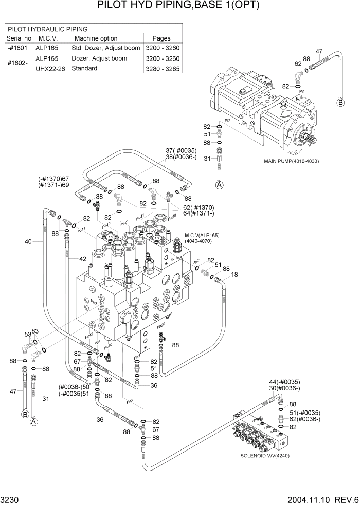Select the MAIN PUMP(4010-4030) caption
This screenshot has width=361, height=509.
click(x=292, y=161)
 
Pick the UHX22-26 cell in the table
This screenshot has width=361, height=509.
click(x=50, y=68)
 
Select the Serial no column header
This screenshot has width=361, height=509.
click(x=19, y=38)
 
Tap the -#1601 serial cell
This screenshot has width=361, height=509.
click(x=19, y=48)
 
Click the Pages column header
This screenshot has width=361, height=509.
click(x=161, y=38)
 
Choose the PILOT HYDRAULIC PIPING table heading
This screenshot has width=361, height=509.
click(x=47, y=29)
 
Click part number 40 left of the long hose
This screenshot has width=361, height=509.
click(x=28, y=241)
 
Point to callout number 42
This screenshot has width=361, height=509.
click(x=82, y=259)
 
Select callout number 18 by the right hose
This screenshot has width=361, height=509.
click(x=234, y=275)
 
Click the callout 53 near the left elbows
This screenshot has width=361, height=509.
click(x=27, y=334)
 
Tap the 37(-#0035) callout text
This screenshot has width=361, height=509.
click(x=180, y=150)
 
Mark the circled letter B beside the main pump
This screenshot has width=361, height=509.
click(x=340, y=103)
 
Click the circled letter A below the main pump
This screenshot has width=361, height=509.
click(x=220, y=185)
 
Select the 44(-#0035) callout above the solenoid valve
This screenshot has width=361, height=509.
click(x=284, y=382)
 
